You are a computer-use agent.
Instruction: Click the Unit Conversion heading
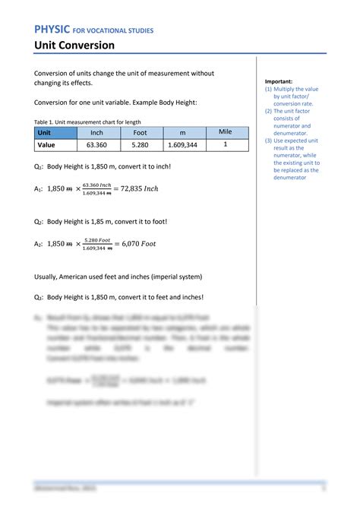coord(74,46)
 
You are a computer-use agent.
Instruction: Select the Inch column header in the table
coord(96,132)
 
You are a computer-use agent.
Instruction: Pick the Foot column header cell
coord(140,132)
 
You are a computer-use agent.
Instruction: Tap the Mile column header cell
coord(225,131)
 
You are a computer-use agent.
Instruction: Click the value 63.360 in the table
coord(96,144)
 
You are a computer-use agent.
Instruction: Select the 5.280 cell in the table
coord(140,144)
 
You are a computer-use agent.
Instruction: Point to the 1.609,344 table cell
coord(183,144)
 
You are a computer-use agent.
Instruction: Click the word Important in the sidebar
coord(279,81)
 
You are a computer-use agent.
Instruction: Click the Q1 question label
coord(38,166)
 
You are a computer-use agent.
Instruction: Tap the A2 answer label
coord(38,244)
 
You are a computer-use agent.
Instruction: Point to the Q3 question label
coord(38,297)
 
